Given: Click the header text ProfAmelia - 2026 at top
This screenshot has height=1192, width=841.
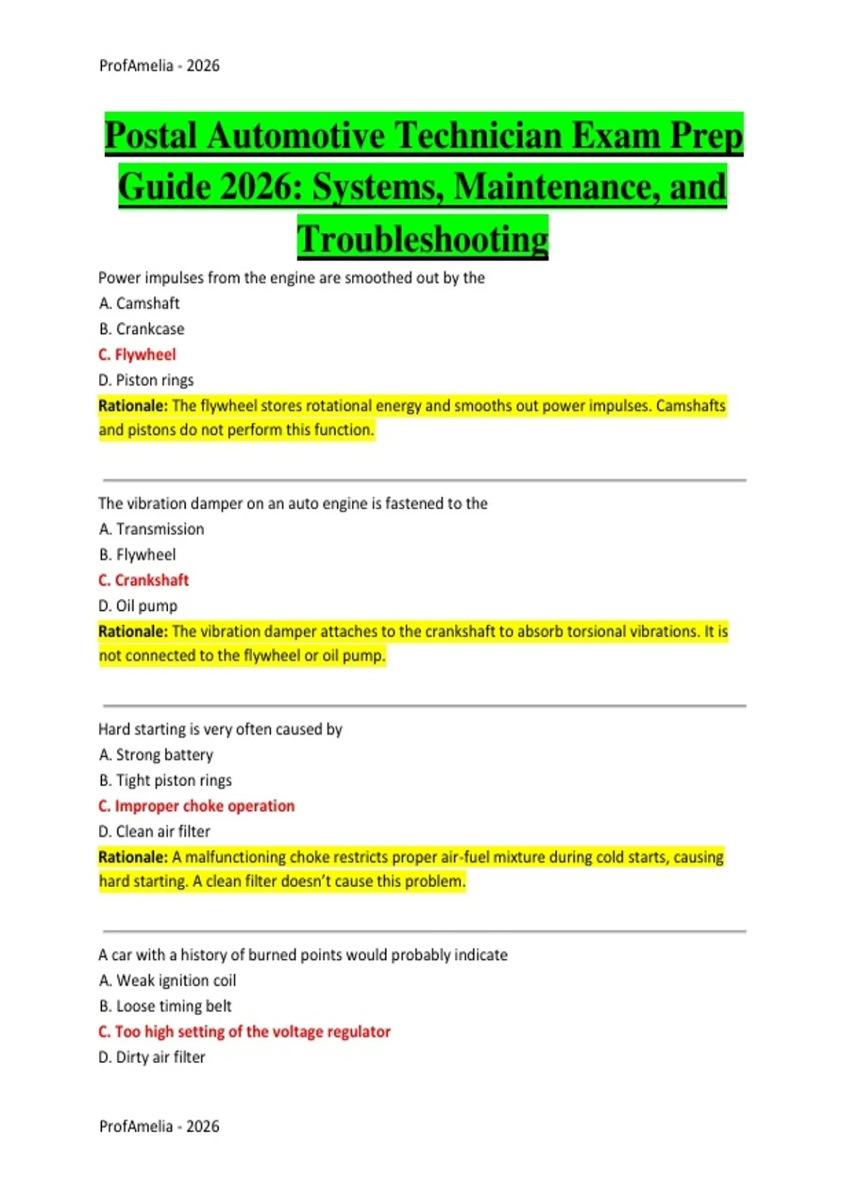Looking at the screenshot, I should click(x=159, y=66).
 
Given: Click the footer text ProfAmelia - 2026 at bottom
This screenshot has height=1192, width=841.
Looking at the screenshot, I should click(x=159, y=1126).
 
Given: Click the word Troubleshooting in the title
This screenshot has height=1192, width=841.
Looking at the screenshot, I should click(x=423, y=238).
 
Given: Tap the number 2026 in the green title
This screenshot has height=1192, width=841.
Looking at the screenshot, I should click(x=259, y=187).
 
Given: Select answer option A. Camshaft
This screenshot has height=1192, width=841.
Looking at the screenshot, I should click(x=139, y=304).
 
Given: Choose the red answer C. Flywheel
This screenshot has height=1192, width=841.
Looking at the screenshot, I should click(x=137, y=355).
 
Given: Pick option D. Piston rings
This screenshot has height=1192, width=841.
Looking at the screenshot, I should click(x=146, y=380).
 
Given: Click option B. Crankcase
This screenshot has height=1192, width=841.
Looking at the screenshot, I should click(x=142, y=329).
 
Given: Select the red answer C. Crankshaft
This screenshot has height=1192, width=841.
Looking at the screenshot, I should click(x=144, y=581).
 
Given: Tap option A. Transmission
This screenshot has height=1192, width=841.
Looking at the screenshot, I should click(x=151, y=529).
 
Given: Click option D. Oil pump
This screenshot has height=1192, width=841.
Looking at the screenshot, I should click(x=138, y=606).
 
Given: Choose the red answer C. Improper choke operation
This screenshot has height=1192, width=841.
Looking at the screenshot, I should click(x=196, y=806).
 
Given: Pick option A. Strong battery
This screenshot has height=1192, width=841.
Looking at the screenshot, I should click(x=156, y=755).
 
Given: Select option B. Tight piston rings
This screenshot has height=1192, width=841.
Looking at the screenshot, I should click(x=165, y=780).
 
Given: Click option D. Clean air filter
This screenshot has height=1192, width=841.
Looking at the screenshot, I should click(x=154, y=832).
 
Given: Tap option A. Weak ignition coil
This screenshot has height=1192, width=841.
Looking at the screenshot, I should click(x=167, y=980).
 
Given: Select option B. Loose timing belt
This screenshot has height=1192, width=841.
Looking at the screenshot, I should click(x=165, y=1006).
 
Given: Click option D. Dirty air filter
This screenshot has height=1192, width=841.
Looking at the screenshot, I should click(x=152, y=1057).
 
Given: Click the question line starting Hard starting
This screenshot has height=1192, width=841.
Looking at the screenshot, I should click(x=220, y=729).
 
